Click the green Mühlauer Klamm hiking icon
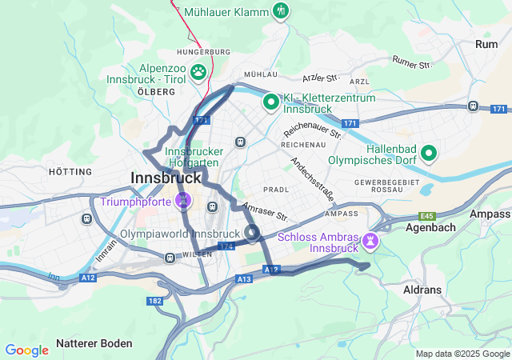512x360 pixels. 281,12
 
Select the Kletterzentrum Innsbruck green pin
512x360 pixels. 271,102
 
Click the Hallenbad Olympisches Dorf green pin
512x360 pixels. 430,152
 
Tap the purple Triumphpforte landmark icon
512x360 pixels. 184,198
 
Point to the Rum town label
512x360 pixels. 486,44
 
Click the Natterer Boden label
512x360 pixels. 94,343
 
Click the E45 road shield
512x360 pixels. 428,216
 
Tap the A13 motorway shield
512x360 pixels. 244,278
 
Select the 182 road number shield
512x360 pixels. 154,301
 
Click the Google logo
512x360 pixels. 27,350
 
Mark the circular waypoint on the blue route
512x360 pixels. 252,234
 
